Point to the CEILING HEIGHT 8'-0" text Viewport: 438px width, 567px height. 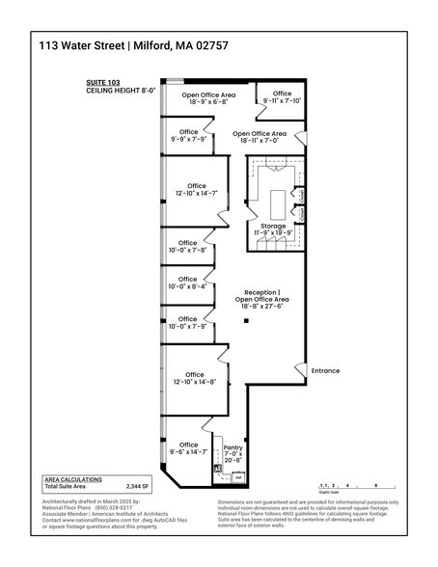(x=120, y=94)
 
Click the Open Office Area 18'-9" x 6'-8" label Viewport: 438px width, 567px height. (x=209, y=98)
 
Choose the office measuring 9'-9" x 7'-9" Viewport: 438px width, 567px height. (x=188, y=136)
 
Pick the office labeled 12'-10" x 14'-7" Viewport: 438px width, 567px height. (x=197, y=190)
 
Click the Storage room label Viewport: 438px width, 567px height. (x=273, y=229)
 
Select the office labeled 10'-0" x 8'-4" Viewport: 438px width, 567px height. (x=188, y=283)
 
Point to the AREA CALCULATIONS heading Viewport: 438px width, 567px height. (x=72, y=479)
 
